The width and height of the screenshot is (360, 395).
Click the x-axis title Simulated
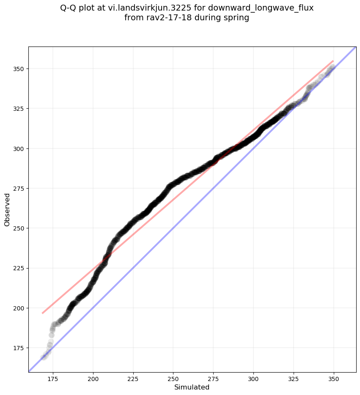(192, 387)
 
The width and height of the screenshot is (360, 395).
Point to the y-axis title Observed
(7, 209)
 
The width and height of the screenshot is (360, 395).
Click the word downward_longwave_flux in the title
(261, 8)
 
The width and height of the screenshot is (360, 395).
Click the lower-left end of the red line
(42, 313)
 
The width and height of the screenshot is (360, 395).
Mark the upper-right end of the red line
(333, 61)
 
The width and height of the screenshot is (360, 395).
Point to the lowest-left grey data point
(43, 358)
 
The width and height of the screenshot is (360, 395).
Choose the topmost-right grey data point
(333, 67)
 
